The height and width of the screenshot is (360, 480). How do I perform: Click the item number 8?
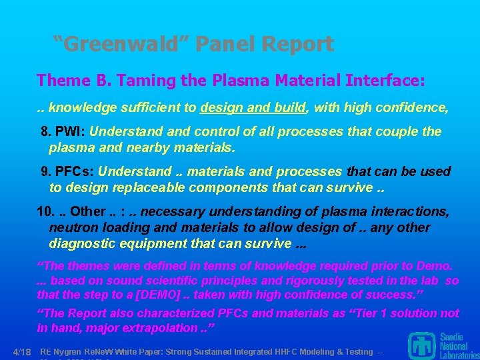(45, 132)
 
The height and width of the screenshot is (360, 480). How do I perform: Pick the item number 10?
(45, 212)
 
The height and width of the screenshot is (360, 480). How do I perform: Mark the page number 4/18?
(23, 351)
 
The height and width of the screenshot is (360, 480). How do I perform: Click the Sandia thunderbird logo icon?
(423, 347)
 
